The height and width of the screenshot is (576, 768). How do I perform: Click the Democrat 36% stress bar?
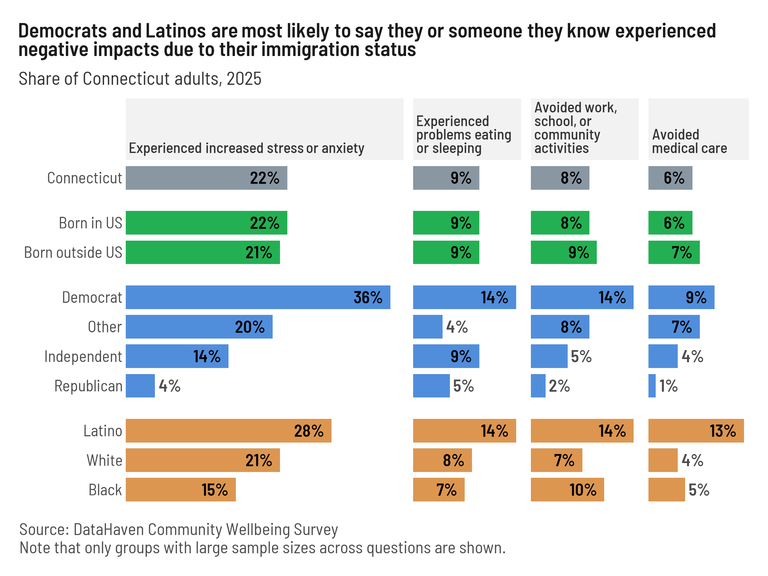[258, 297]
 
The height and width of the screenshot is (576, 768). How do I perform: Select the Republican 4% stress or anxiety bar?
[140, 386]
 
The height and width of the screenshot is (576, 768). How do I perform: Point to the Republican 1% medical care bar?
[652, 386]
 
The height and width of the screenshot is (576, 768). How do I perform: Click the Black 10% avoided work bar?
[567, 490]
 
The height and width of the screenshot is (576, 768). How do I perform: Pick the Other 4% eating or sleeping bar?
[428, 327]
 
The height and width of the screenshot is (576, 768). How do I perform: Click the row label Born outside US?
[73, 252]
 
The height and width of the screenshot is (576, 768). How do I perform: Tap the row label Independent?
[83, 356]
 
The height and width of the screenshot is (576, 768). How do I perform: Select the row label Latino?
[103, 431]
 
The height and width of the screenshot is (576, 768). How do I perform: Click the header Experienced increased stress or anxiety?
[246, 148]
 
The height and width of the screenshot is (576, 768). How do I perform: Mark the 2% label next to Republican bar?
[559, 386]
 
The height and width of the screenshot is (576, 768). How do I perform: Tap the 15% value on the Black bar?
[215, 490]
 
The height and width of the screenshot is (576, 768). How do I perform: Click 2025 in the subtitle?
[244, 79]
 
